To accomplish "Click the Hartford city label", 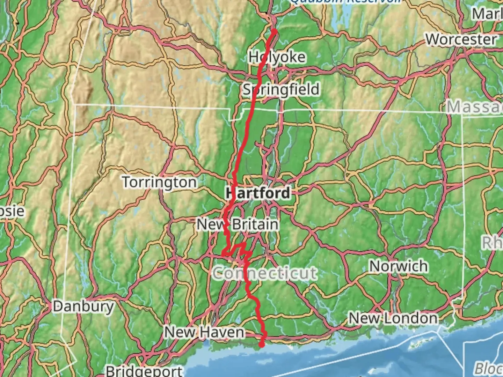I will pyautogui.click(x=258, y=193).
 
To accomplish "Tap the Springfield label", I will pyautogui.click(x=281, y=90).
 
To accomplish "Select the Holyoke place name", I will pyautogui.click(x=277, y=57).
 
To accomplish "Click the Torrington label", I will pyautogui.click(x=159, y=182).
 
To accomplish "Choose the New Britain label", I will pyautogui.click(x=238, y=224).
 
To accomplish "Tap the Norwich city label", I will pyautogui.click(x=399, y=266).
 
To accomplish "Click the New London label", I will pyautogui.click(x=393, y=318).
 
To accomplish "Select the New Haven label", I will pyautogui.click(x=204, y=332).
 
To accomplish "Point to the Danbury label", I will pyautogui.click(x=83, y=306).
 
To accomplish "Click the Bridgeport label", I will pyautogui.click(x=144, y=371).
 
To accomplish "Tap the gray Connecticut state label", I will pyautogui.click(x=265, y=273).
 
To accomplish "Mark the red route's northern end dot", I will pyautogui.click(x=275, y=32).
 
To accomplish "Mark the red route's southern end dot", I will pyautogui.click(x=262, y=345).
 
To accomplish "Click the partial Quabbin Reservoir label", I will pyautogui.click(x=346, y=2).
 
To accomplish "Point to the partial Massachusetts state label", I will pyautogui.click(x=475, y=106).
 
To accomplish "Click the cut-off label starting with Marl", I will pyautogui.click(x=487, y=14).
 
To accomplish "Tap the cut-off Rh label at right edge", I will pyautogui.click(x=493, y=242).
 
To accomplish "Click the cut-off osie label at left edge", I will pyautogui.click(x=12, y=211).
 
